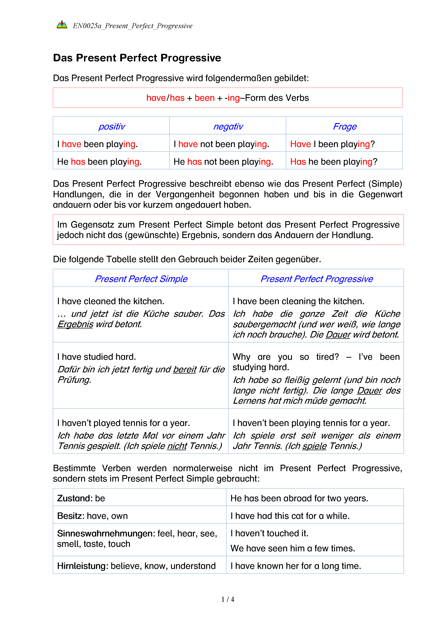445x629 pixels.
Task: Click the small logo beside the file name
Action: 62,25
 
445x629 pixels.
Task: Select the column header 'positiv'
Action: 112,127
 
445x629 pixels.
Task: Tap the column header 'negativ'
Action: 228,127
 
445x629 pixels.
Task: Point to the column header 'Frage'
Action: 345,127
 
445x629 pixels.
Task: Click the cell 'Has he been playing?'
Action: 333,162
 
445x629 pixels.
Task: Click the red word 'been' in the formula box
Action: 204,98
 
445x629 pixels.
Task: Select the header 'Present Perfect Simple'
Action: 141,279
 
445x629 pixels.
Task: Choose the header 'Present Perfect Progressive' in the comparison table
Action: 317,279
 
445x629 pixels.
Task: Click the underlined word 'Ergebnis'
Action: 75,324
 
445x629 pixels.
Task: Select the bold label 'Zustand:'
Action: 75,498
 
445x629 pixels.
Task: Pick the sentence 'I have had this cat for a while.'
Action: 290,516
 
